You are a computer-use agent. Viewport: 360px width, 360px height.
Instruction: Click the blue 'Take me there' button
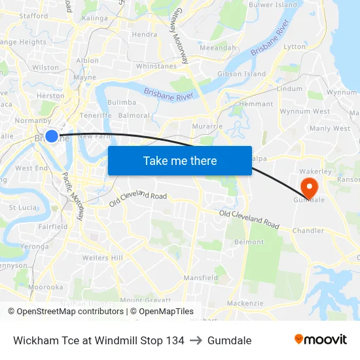[180, 160]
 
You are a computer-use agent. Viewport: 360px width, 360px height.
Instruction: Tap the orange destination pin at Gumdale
[306, 185]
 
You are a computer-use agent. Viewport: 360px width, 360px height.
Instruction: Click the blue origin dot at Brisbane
[52, 136]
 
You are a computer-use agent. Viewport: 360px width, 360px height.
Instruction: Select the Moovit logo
[321, 340]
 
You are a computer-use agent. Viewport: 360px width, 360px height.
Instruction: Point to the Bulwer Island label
[272, 5]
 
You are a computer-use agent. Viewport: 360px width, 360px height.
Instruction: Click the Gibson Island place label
[242, 74]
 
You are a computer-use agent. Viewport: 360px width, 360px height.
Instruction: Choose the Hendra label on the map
[144, 35]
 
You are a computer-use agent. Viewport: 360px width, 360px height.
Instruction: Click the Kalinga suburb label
[95, 18]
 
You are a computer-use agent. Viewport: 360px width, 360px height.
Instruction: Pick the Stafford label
[33, 16]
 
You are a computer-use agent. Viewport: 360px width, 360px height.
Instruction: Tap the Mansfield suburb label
[201, 278]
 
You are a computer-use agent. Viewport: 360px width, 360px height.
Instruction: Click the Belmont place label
[249, 242]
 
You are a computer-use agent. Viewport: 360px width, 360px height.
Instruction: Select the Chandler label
[308, 230]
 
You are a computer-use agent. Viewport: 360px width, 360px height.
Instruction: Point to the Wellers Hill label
[102, 258]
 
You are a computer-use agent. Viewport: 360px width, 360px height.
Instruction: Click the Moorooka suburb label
[45, 287]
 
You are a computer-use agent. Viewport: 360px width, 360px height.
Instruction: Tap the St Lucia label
[22, 207]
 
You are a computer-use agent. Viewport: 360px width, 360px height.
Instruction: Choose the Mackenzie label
[245, 303]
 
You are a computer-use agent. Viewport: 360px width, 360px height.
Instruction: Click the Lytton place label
[295, 47]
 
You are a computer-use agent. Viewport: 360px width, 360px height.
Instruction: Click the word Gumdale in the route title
[229, 340]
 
